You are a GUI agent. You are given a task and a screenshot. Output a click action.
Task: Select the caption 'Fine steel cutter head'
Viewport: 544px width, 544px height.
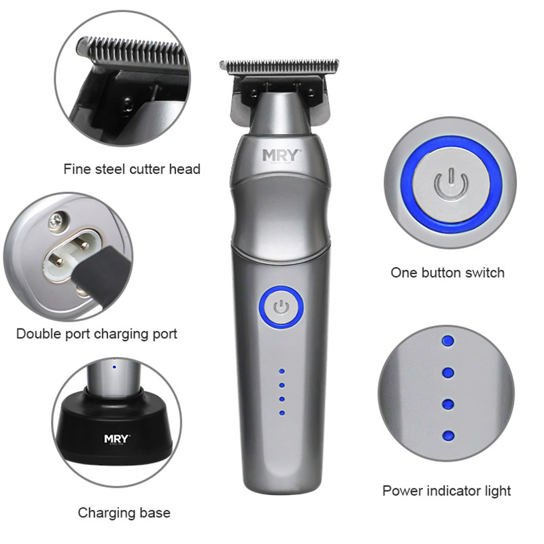(x=132, y=169)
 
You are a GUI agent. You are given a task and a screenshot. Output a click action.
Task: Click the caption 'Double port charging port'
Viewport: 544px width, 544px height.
(x=97, y=334)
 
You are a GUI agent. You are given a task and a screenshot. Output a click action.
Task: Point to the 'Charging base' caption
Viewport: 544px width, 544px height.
(x=124, y=512)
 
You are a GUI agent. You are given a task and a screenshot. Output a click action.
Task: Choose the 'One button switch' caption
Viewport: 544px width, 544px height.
(x=447, y=273)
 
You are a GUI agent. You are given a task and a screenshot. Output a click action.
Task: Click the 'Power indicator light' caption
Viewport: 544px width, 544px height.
(x=446, y=490)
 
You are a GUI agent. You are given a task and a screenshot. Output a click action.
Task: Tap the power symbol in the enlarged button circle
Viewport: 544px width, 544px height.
(x=449, y=184)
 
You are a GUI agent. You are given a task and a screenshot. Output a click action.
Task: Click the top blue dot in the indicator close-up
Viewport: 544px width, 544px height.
(x=447, y=340)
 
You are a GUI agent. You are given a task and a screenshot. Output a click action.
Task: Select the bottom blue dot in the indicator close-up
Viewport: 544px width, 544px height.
(x=447, y=435)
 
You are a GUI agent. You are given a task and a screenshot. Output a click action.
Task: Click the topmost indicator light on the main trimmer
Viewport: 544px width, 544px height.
(x=281, y=372)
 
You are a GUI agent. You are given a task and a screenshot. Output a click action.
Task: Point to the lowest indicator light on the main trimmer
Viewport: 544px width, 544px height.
(x=281, y=413)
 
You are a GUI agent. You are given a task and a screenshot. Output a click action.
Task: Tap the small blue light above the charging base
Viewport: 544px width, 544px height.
(x=115, y=367)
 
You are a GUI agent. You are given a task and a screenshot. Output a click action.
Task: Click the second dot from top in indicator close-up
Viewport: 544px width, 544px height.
(x=447, y=372)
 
